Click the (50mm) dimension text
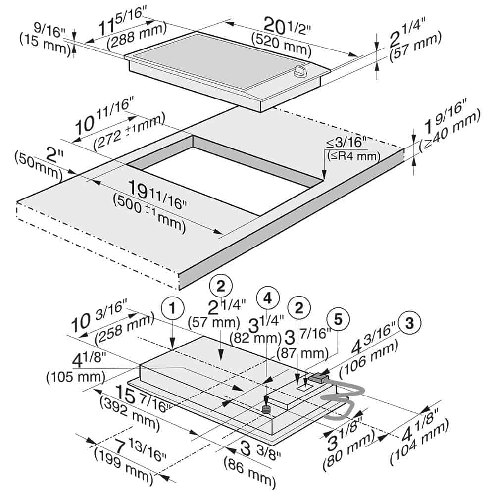(x=37, y=166)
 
